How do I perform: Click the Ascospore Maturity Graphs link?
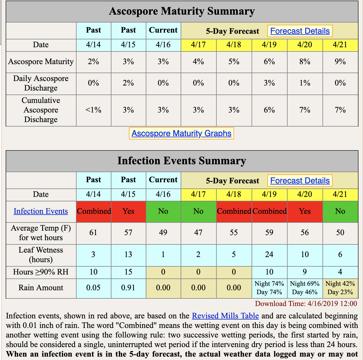tap(181, 133)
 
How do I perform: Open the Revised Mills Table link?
tap(225, 316)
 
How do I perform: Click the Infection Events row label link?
tap(41, 211)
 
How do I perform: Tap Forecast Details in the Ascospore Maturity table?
tap(300, 31)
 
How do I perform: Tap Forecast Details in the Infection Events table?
tap(300, 181)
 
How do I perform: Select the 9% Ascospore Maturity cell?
tap(340, 62)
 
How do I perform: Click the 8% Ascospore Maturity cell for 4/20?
tap(304, 62)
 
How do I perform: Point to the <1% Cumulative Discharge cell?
tap(93, 110)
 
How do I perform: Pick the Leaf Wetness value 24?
tap(269, 255)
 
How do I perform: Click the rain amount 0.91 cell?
tap(128, 288)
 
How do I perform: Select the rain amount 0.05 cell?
tap(93, 288)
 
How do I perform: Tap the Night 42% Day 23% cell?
tap(340, 288)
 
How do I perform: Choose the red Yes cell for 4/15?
tap(128, 211)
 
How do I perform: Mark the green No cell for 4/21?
tap(340, 211)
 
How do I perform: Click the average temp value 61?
tap(93, 233)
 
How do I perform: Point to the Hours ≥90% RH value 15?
tap(128, 272)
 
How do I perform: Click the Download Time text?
tap(306, 304)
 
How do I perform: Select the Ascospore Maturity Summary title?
tap(182, 11)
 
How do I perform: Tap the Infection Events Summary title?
tap(182, 161)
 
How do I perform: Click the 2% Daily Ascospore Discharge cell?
tap(128, 83)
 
